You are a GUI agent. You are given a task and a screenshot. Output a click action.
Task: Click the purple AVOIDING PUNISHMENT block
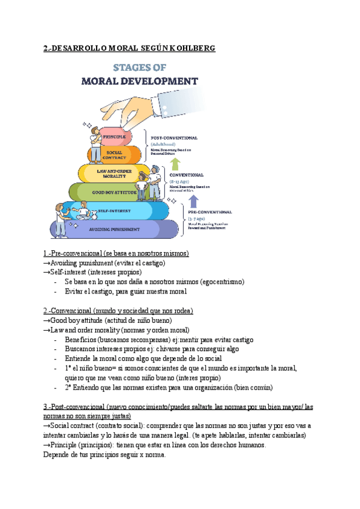(120, 229)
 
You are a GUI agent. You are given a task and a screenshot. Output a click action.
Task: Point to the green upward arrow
(175, 164)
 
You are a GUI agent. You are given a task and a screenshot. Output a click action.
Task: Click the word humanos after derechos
(246, 445)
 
